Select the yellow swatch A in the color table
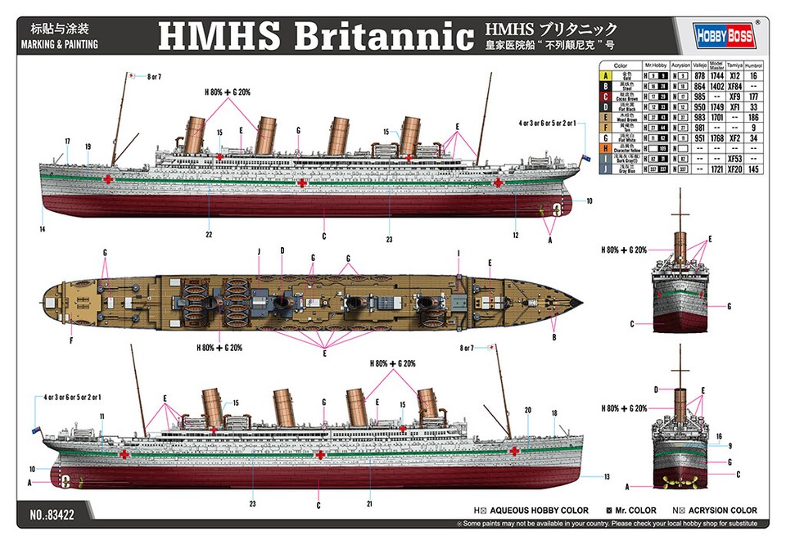pyautogui.click(x=603, y=75)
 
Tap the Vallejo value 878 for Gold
pyautogui.click(x=698, y=75)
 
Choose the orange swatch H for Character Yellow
pyautogui.click(x=603, y=148)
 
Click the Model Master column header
pyautogui.click(x=716, y=65)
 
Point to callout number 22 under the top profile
pyautogui.click(x=210, y=235)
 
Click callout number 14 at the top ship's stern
pyautogui.click(x=43, y=230)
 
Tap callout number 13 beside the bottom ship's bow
pyautogui.click(x=608, y=476)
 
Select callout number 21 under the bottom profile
pyautogui.click(x=370, y=503)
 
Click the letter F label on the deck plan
pyautogui.click(x=70, y=340)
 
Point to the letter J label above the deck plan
pyautogui.click(x=258, y=250)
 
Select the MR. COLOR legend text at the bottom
pyautogui.click(x=634, y=511)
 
